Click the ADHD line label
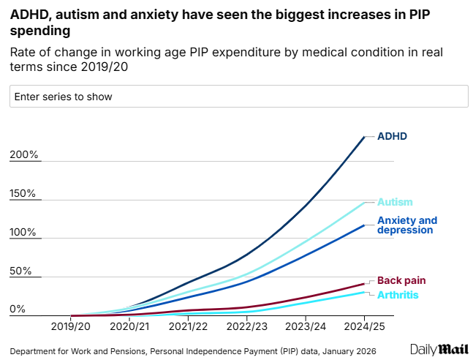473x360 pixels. click(392, 136)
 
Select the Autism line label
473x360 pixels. click(395, 202)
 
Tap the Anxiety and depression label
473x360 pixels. click(406, 225)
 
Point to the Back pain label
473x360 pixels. click(401, 280)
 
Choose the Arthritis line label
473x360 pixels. click(398, 294)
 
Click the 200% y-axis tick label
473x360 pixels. click(24, 155)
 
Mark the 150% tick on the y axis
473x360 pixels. click(24, 194)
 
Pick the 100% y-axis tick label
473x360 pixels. click(24, 233)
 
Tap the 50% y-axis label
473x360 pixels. click(21, 271)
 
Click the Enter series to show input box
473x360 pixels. click(238, 97)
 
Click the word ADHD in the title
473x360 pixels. click(27, 12)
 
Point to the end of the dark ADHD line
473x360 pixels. click(364, 137)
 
